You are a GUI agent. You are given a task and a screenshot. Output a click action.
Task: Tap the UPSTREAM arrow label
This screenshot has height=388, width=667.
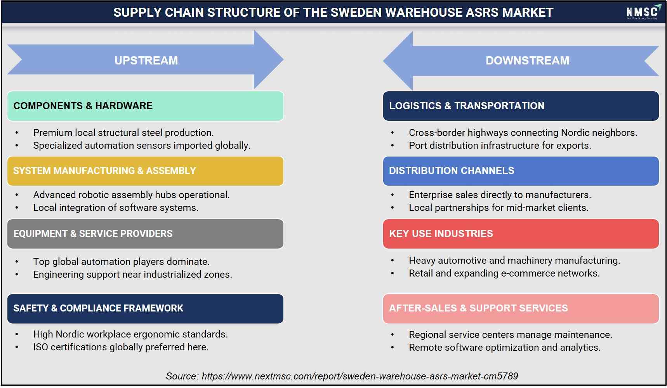click(x=146, y=61)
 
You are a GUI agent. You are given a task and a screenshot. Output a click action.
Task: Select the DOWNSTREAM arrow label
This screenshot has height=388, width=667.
click(x=527, y=61)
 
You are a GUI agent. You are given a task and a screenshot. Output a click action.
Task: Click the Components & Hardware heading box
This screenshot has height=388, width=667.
click(x=145, y=106)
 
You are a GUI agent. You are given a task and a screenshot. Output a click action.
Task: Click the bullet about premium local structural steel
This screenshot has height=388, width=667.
click(x=123, y=133)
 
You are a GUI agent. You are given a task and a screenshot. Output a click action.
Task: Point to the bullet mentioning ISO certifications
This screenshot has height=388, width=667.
click(x=121, y=347)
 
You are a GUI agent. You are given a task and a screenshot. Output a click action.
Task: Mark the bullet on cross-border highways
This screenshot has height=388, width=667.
click(x=523, y=133)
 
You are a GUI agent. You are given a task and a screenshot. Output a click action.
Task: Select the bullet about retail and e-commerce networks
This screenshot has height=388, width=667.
click(x=504, y=273)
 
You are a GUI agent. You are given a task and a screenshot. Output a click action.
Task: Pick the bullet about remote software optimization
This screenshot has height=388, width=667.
click(x=505, y=348)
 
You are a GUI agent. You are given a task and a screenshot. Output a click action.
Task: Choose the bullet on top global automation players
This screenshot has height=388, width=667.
click(x=121, y=262)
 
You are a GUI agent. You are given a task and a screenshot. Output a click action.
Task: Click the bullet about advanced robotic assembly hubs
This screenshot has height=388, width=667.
click(x=131, y=195)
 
